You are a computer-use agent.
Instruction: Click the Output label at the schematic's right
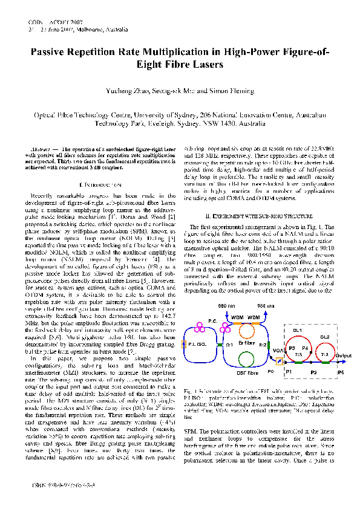point(343,355)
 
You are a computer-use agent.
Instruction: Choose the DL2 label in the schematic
point(324,337)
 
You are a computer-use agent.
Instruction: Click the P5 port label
point(341,372)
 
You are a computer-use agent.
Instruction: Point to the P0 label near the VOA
point(270,372)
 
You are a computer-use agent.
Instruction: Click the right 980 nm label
point(265,307)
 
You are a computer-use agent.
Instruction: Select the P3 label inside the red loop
point(292,349)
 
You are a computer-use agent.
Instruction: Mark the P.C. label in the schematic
point(214,320)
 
